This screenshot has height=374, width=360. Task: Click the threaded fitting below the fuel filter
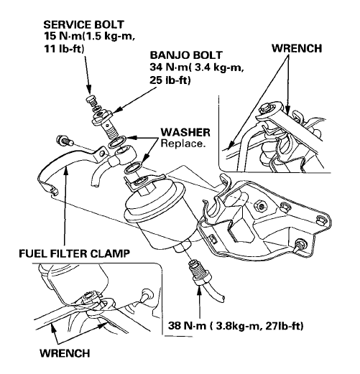(193, 271)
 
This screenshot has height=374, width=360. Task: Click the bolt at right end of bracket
(296, 248)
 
